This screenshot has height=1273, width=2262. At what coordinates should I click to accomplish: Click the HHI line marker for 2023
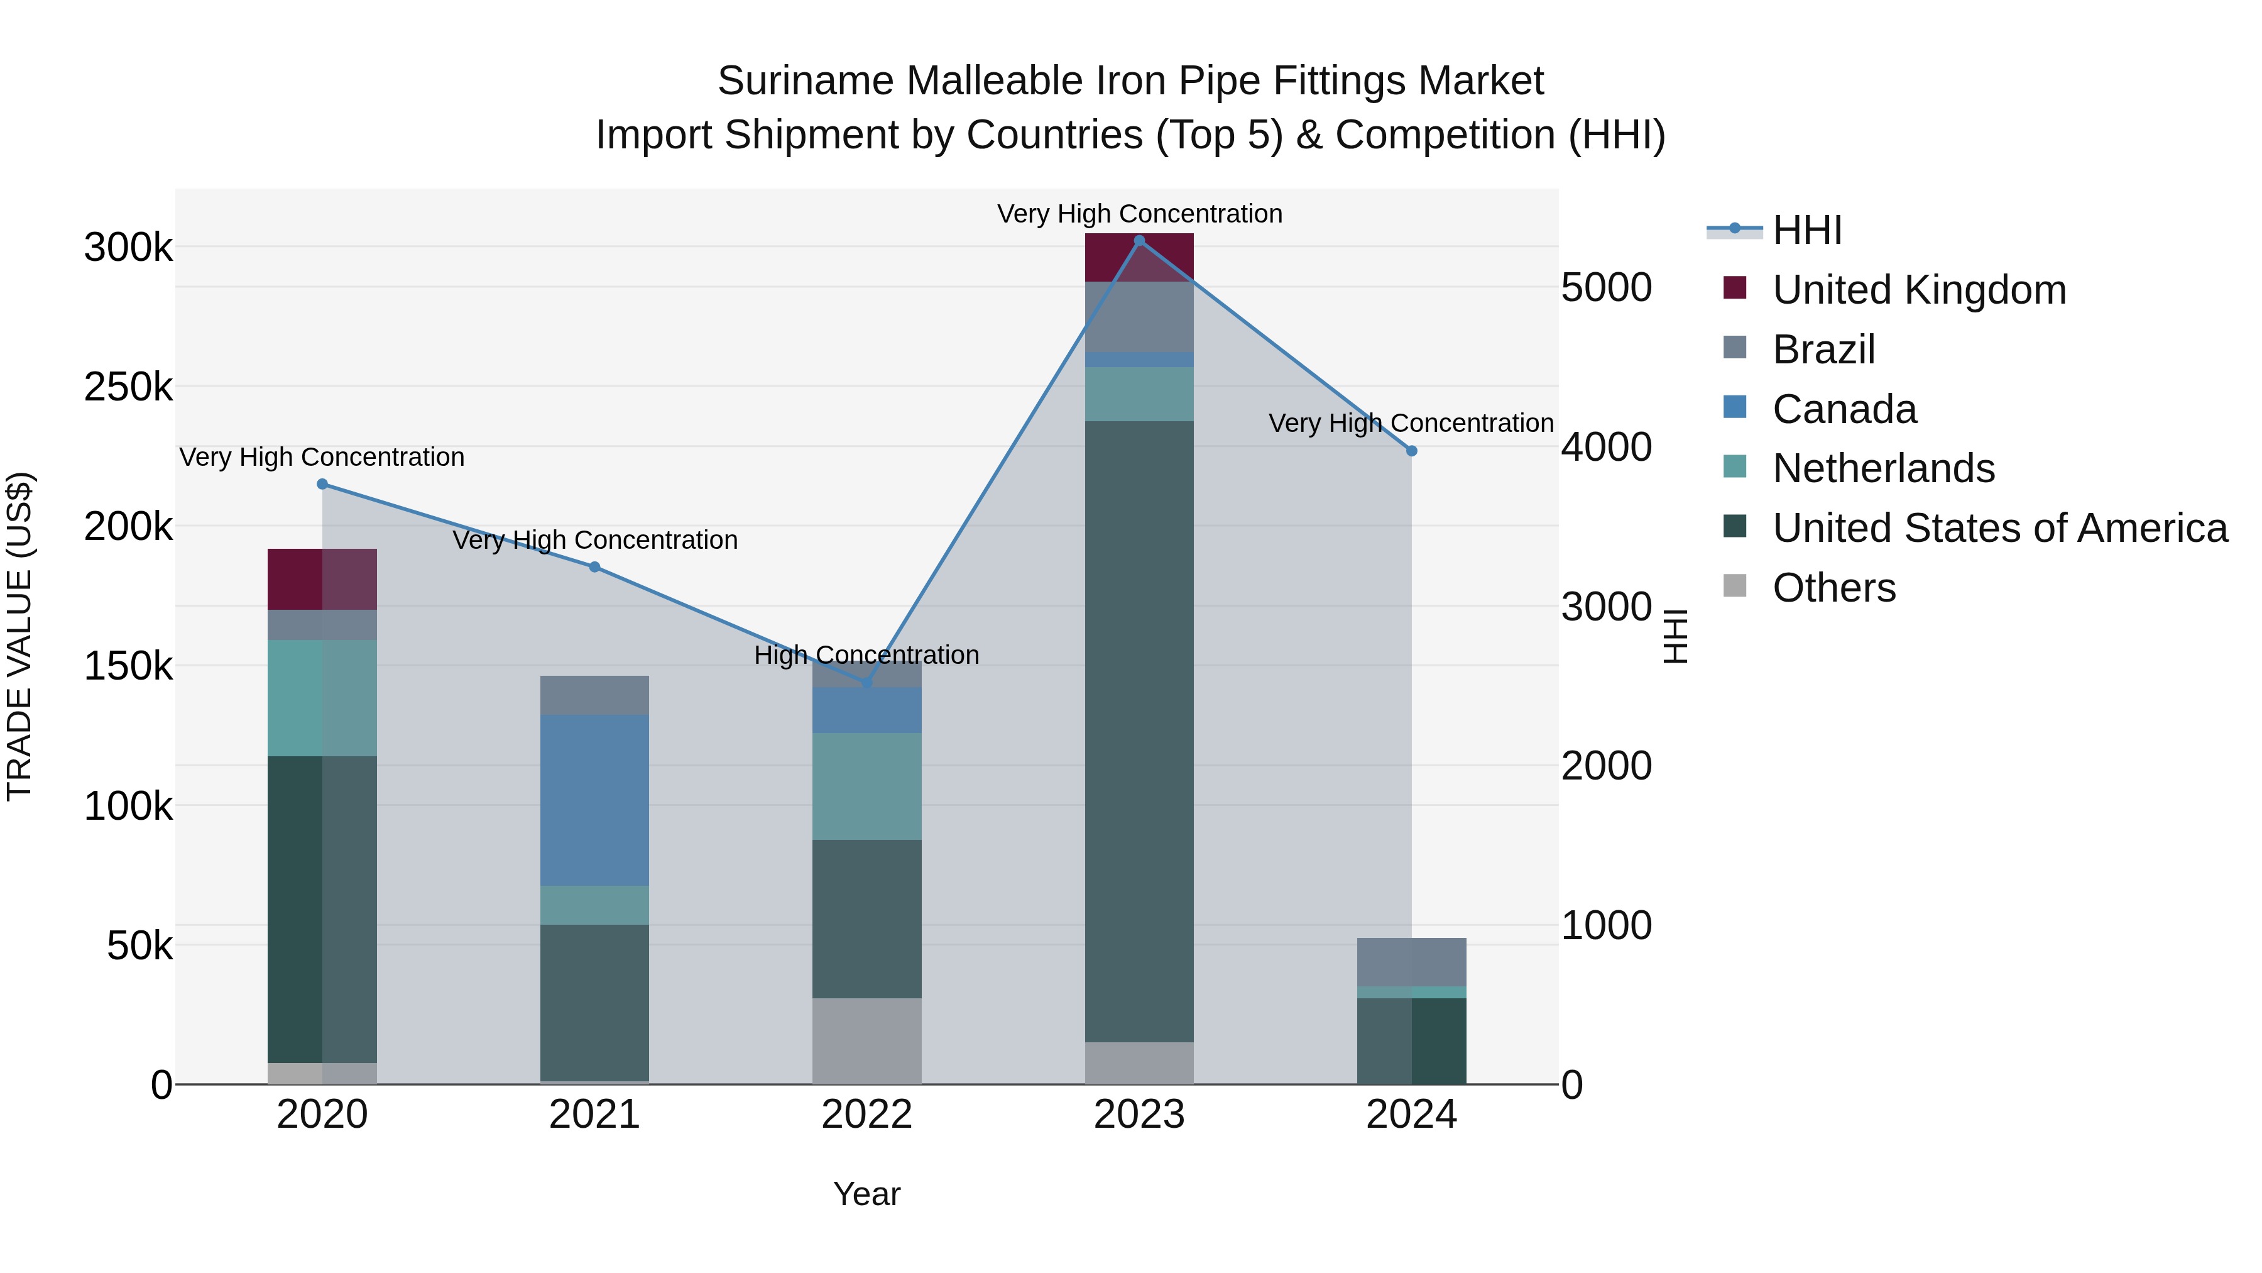coord(1139,240)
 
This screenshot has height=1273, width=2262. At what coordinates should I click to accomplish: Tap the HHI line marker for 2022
coord(866,683)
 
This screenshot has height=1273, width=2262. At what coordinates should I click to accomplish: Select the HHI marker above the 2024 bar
coord(1411,451)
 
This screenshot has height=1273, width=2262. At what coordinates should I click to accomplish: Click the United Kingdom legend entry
coord(1919,290)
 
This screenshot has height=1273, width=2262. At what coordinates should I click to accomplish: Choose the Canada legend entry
coord(1844,409)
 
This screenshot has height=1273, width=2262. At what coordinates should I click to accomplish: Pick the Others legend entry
coord(1833,588)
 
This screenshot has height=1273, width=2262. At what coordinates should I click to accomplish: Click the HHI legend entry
coord(1806,230)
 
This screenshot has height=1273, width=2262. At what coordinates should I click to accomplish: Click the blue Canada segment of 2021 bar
coord(594,800)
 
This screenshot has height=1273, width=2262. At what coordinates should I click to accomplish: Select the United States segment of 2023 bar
coord(1139,729)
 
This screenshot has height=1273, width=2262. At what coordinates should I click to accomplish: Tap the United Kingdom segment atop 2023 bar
coord(1139,257)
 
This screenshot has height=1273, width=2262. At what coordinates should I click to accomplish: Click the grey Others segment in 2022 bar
coord(866,1040)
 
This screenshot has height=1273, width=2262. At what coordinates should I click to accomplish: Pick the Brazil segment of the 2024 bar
coord(1411,961)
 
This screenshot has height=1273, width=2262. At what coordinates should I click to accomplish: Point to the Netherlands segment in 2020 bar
coord(321,698)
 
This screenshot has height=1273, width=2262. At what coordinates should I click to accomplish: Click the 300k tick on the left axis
coord(128,248)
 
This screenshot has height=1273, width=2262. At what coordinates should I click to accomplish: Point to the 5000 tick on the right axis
coord(1606,287)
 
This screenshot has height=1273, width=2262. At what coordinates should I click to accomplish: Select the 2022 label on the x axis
coord(866,1115)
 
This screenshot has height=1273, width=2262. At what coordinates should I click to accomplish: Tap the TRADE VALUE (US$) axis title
coord(19,636)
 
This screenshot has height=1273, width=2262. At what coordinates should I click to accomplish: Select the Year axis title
coord(866,1194)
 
